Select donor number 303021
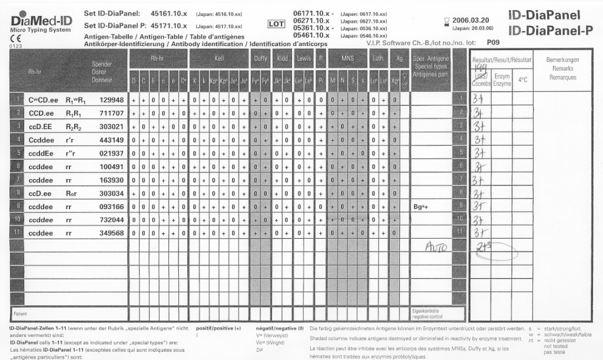(112, 127)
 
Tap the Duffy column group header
(260, 58)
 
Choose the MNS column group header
(347, 58)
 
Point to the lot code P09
(492, 42)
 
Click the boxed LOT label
(276, 24)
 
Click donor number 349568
(112, 233)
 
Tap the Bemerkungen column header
(562, 60)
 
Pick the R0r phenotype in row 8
(71, 193)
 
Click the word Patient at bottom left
(20, 314)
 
